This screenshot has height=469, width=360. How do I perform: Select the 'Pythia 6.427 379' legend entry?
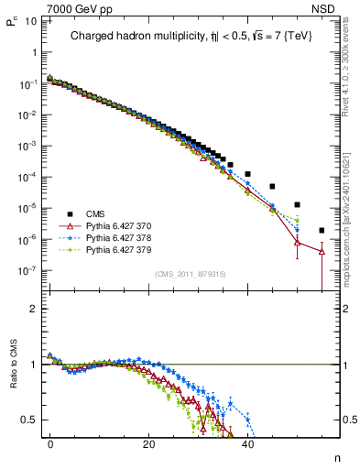119,248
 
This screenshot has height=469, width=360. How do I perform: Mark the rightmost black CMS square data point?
322,230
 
